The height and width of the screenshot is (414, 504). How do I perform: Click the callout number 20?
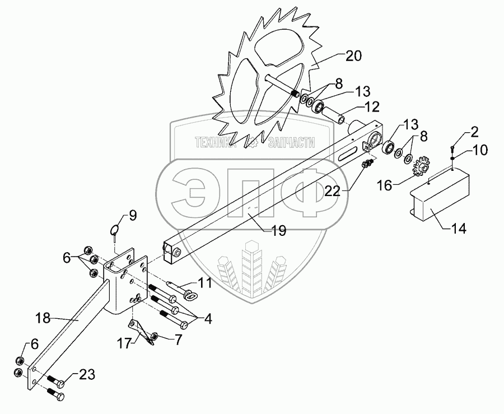coord(353,55)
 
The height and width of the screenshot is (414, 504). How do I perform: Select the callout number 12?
coord(372,106)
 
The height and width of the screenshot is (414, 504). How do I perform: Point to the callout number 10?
coord(480,150)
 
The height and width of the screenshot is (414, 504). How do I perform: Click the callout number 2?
coord(474,132)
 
